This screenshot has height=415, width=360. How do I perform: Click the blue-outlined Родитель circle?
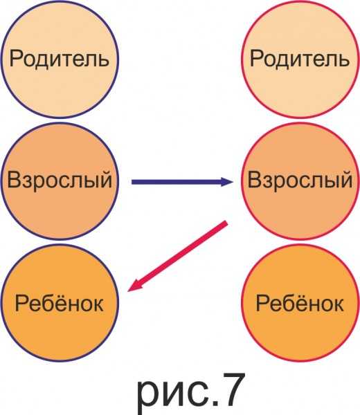(x=60, y=59)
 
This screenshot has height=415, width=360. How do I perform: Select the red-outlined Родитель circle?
(x=300, y=59)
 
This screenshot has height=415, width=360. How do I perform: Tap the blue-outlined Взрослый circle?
(x=60, y=181)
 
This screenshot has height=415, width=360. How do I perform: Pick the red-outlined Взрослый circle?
(x=300, y=181)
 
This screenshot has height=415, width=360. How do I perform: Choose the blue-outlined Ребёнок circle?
(x=60, y=303)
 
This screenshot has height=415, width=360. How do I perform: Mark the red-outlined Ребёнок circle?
(x=300, y=303)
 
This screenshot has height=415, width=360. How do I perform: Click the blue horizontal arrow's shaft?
(x=177, y=182)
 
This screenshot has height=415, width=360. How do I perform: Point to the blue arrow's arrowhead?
(x=227, y=182)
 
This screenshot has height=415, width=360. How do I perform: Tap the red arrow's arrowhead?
(x=134, y=285)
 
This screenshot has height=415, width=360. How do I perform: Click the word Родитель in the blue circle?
(x=60, y=59)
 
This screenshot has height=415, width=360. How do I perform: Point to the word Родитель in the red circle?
(x=300, y=59)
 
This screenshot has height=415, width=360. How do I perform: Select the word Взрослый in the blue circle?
(x=60, y=180)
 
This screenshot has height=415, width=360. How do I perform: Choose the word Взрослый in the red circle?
(x=300, y=180)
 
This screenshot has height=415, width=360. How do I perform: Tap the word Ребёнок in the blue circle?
(x=60, y=302)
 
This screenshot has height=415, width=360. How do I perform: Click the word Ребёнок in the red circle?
(x=300, y=302)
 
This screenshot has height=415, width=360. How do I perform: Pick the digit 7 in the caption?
(x=230, y=389)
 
